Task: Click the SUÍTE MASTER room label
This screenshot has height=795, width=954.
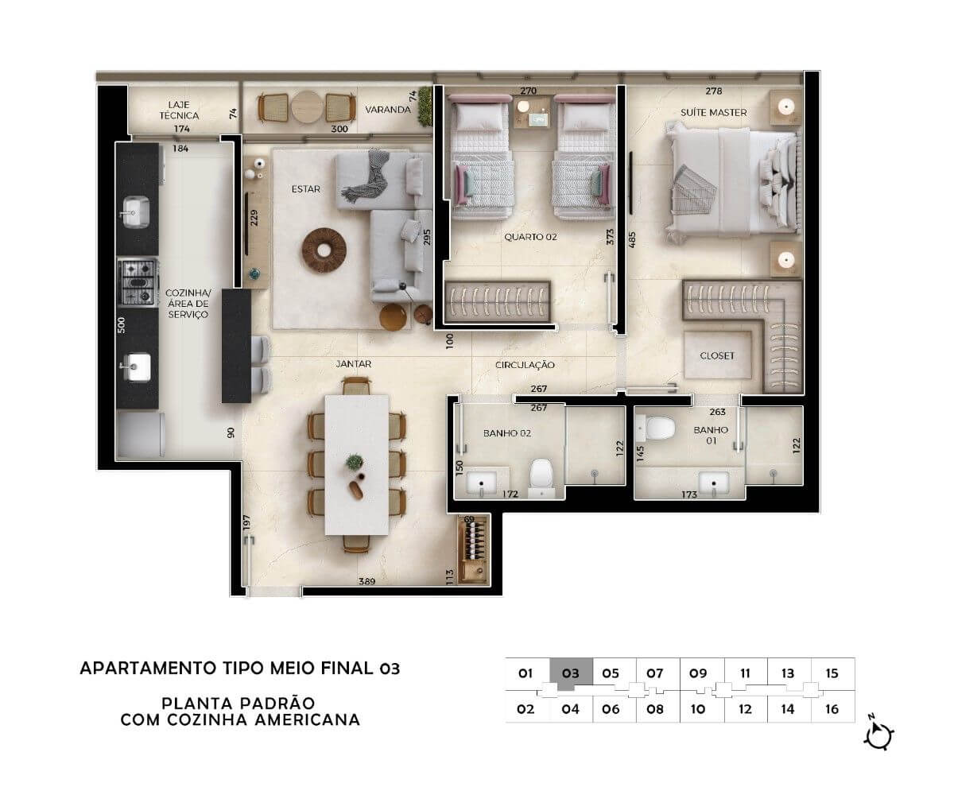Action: pos(713,112)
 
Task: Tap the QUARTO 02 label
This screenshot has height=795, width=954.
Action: pos(530,237)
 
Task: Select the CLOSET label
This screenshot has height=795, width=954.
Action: pos(717,355)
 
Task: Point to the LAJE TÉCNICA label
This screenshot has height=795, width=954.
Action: pos(179,111)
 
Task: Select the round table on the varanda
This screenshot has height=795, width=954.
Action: pos(307,107)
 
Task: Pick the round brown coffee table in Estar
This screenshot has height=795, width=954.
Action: pos(324,250)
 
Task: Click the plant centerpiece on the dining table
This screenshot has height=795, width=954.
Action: pos(355,463)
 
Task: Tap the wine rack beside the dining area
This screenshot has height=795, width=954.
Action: pos(474,549)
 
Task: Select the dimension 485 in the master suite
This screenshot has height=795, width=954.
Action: pos(632,239)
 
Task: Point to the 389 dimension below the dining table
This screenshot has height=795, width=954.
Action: pos(366,581)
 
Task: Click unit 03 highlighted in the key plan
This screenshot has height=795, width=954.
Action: pos(571,674)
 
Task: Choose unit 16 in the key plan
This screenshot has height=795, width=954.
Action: pos(832,709)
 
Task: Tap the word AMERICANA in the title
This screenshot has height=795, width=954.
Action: pos(308,720)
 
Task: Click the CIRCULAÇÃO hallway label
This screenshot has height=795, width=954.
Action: pos(525,365)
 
